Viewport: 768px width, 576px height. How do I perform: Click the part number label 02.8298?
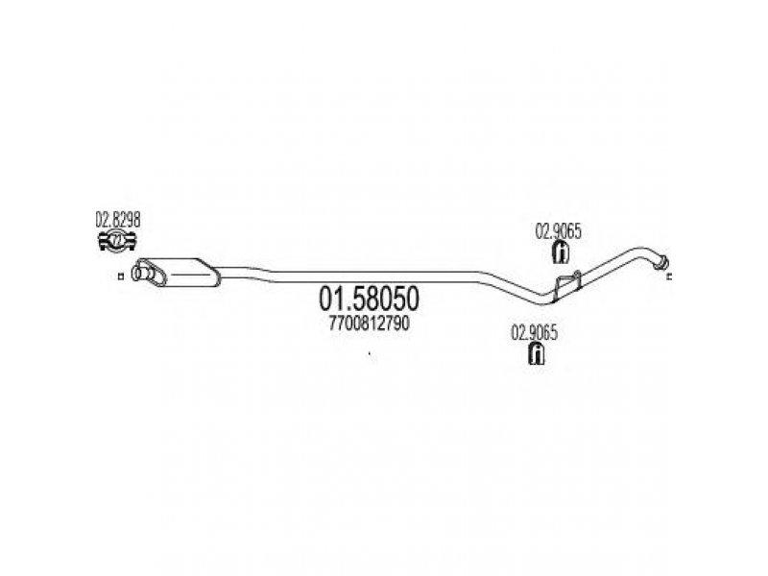click(117, 219)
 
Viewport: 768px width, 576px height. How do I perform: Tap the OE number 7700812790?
click(369, 324)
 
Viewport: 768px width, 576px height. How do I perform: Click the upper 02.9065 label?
click(557, 232)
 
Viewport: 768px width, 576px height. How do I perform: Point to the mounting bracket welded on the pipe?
click(564, 284)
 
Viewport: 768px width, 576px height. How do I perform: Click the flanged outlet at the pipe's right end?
click(660, 260)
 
